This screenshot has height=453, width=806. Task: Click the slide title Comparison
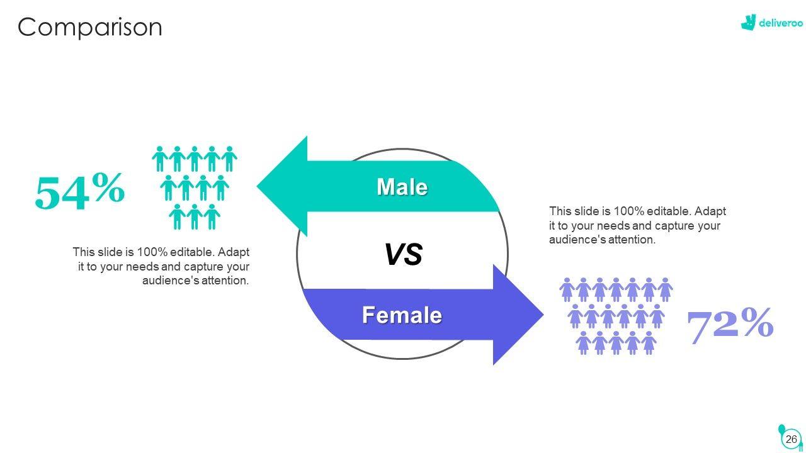tap(90, 28)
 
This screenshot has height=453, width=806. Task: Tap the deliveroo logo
tap(772, 23)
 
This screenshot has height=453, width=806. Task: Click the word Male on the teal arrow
tap(402, 187)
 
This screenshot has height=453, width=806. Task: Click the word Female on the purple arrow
tap(402, 315)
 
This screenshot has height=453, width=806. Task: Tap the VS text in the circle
tap(403, 255)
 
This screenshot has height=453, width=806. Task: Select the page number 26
tap(792, 439)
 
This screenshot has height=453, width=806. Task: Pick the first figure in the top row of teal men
tap(160, 159)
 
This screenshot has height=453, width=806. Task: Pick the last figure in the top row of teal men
tap(230, 159)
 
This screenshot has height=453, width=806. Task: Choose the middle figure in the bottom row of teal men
tap(195, 216)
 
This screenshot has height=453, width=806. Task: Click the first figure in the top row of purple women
tap(567, 289)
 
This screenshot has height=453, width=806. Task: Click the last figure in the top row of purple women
tap(665, 289)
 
